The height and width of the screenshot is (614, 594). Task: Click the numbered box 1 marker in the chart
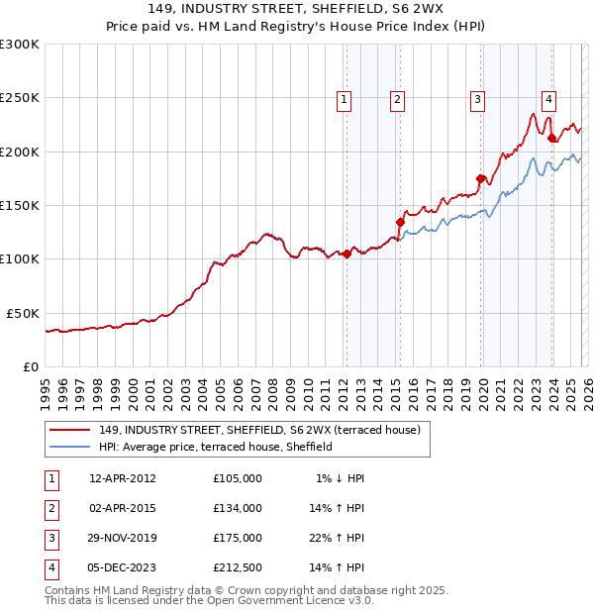tap(344, 98)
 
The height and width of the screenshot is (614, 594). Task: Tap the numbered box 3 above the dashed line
tap(477, 98)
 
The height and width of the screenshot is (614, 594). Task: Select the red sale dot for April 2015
tap(401, 222)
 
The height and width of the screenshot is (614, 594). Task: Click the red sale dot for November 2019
tap(481, 178)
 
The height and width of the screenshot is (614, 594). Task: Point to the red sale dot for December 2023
tap(551, 139)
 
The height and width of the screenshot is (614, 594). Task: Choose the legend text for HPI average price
tap(215, 447)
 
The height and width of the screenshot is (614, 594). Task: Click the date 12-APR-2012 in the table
tap(123, 478)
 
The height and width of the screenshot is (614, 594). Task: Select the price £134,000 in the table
tap(237, 508)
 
